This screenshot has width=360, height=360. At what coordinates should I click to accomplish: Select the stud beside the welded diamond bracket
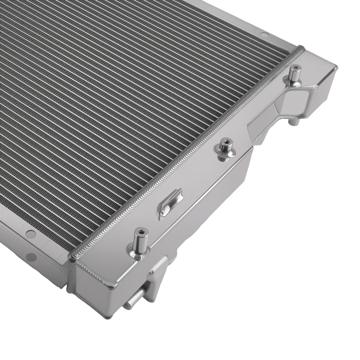pos(295,76)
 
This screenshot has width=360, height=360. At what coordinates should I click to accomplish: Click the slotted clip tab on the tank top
pos(171,202)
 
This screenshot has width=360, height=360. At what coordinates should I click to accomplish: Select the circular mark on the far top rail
pos(265,35)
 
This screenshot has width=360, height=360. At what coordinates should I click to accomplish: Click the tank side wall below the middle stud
pos(230,180)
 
